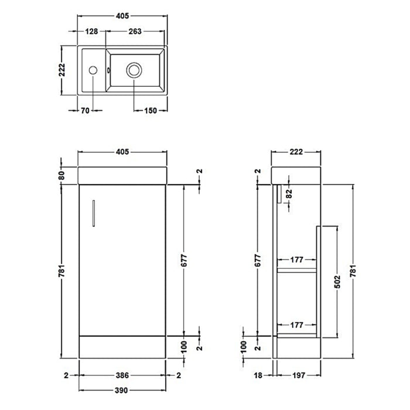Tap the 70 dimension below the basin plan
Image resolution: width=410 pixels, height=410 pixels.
pyautogui.click(x=86, y=111)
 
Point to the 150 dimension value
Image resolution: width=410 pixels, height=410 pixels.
pyautogui.click(x=151, y=111)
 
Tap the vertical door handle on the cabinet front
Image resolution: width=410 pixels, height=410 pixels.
pyautogui.click(x=93, y=211)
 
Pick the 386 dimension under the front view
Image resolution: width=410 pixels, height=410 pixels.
pyautogui.click(x=122, y=375)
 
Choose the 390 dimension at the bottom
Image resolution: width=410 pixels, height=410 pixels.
pyautogui.click(x=122, y=389)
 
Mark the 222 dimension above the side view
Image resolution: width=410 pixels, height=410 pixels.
pyautogui.click(x=296, y=152)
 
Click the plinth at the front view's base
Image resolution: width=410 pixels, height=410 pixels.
pyautogui.click(x=122, y=348)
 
